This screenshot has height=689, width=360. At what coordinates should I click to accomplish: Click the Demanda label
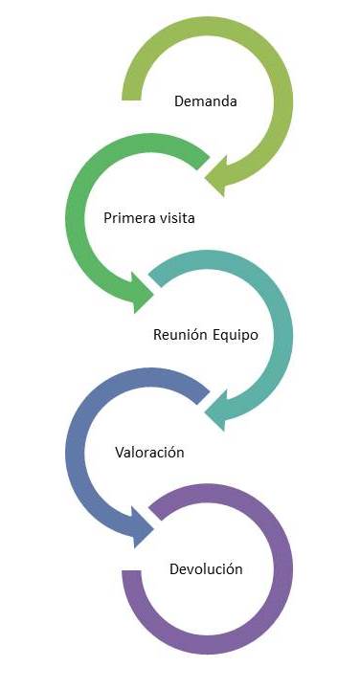pyautogui.click(x=205, y=100)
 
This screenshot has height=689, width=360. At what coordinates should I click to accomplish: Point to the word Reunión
pyautogui.click(x=179, y=336)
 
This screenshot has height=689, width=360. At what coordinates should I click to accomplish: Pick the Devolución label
pyautogui.click(x=205, y=569)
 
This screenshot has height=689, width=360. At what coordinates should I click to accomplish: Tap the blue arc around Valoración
pyautogui.click(x=76, y=450)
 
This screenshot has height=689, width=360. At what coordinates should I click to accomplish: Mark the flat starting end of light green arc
pyautogui.click(x=132, y=92)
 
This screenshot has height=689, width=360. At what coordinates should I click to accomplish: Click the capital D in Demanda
pyautogui.click(x=179, y=100)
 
